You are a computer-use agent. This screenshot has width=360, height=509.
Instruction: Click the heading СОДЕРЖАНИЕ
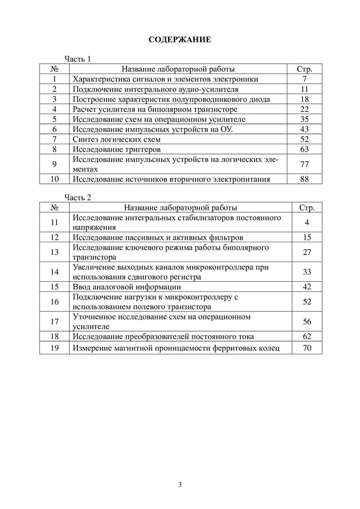(180, 40)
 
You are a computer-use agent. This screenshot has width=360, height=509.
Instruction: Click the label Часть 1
(77, 59)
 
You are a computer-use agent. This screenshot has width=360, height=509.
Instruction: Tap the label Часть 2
(77, 197)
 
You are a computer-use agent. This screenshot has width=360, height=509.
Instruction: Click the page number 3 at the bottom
(180, 484)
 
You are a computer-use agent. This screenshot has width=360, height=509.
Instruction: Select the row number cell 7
(55, 140)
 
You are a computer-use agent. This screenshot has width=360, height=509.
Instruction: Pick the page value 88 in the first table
(307, 179)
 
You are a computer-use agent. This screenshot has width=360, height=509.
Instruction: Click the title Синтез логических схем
(117, 140)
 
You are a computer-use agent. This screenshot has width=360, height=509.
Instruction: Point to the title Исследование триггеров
(117, 149)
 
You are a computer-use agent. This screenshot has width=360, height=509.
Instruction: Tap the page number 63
(307, 149)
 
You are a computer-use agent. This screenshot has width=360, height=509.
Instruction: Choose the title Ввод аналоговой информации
(127, 287)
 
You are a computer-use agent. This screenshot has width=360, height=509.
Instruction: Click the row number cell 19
(54, 348)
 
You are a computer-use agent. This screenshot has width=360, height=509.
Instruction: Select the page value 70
(307, 348)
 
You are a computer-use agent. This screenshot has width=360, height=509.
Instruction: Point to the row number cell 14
(54, 272)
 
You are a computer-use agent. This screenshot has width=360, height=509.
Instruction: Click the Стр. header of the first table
(307, 69)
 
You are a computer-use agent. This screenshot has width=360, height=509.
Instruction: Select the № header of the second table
(54, 207)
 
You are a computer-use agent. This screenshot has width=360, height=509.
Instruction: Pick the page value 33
(307, 272)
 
